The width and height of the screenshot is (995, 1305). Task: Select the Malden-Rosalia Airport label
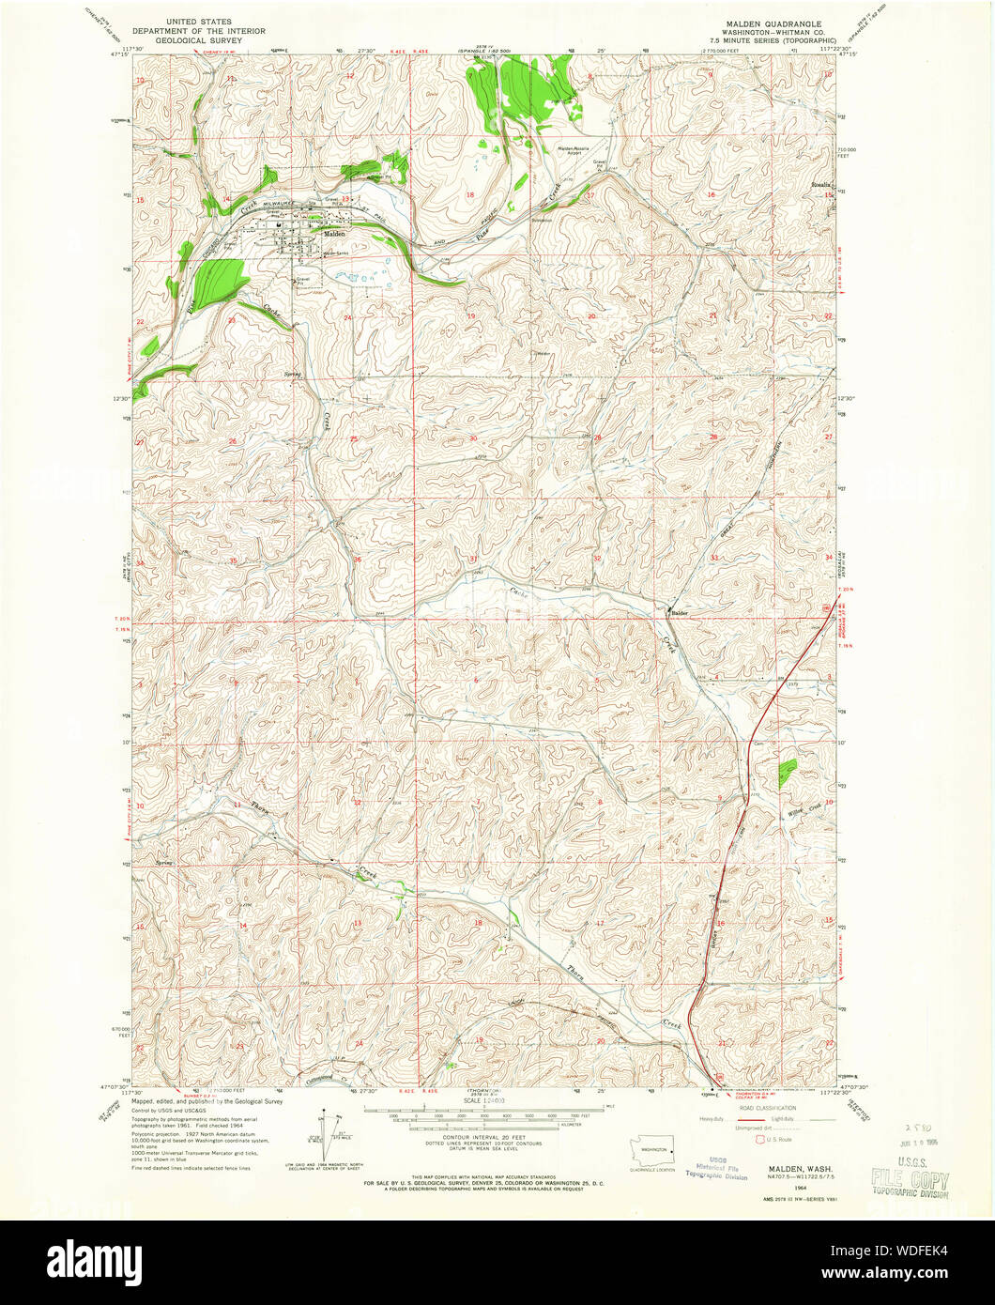[x=581, y=149]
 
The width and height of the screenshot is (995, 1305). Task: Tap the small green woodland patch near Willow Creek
[x=787, y=771]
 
